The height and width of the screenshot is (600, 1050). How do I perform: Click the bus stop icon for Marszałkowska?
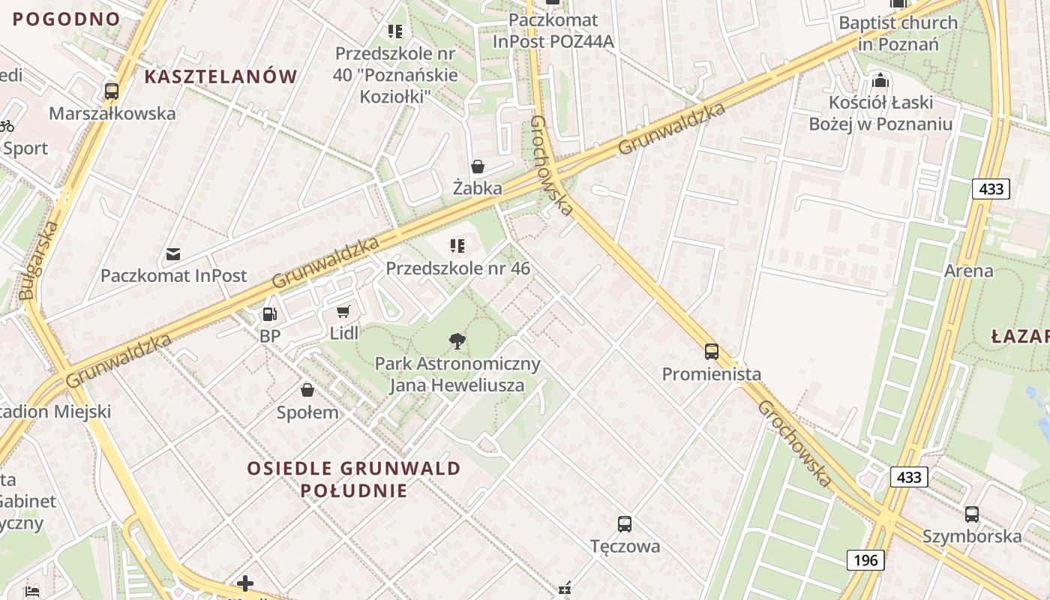(x=112, y=91)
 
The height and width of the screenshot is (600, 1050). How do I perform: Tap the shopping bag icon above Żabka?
(x=477, y=166)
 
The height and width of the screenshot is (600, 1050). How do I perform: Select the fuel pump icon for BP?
(x=270, y=314)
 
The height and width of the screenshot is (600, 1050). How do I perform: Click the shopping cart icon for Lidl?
(x=343, y=311)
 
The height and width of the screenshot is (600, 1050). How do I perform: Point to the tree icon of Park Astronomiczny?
(x=457, y=342)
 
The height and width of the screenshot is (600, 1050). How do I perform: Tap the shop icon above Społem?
(x=307, y=390)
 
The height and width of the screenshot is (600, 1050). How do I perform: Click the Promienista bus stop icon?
(x=711, y=351)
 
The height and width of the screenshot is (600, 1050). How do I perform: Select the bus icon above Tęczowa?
(x=624, y=523)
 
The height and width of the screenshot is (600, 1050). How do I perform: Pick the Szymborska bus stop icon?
(x=971, y=514)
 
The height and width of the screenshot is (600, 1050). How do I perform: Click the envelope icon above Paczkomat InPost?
(x=173, y=253)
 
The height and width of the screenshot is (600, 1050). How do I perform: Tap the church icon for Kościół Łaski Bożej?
(x=880, y=79)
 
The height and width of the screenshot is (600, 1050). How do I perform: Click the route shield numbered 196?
(x=865, y=559)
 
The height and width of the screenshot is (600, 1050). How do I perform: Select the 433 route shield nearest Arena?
(x=991, y=189)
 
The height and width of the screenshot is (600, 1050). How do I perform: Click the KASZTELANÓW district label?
(x=220, y=76)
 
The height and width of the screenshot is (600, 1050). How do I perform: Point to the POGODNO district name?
(x=67, y=19)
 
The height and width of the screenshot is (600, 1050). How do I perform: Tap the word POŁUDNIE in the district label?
(x=354, y=491)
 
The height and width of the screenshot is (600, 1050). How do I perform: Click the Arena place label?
(x=968, y=271)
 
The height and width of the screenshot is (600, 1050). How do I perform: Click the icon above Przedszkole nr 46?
(x=457, y=245)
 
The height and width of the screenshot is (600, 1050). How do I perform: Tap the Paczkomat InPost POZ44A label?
(x=553, y=31)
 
